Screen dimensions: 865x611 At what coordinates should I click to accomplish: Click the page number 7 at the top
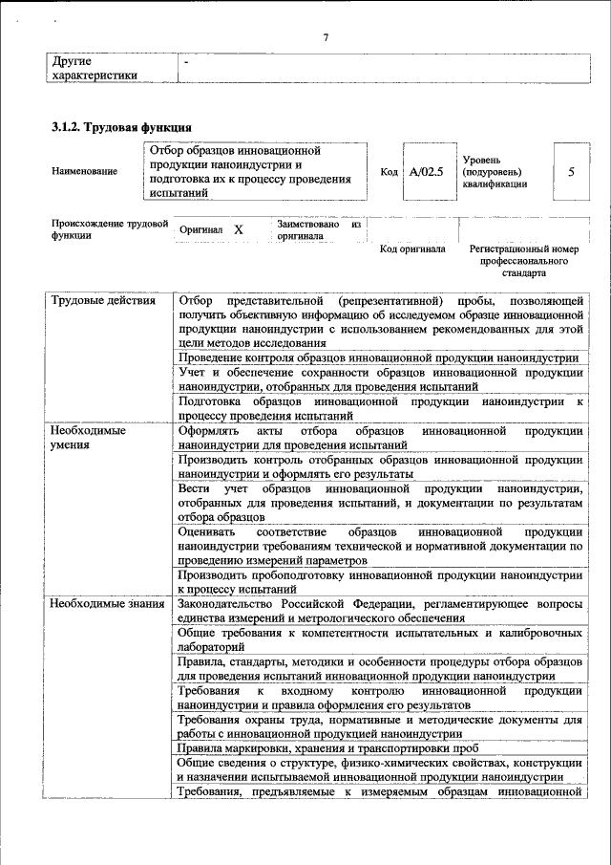click(326, 37)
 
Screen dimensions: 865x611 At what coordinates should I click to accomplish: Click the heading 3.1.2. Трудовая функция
click(122, 126)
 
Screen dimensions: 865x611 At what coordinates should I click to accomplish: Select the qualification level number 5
click(571, 172)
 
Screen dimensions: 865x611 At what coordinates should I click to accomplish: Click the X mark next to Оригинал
click(239, 230)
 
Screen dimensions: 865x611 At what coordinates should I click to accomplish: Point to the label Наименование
click(86, 172)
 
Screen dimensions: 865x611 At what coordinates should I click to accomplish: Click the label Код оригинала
click(412, 249)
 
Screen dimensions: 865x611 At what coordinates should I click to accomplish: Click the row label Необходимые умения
click(89, 438)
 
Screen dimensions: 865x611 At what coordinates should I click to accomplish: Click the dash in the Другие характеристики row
click(187, 60)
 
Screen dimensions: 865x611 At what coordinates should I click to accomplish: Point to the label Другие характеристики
click(95, 67)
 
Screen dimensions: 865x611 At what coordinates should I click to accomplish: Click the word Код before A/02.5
click(389, 172)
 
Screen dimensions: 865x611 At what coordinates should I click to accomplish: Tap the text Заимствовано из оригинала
click(318, 230)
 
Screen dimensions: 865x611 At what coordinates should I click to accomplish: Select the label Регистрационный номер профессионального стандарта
click(524, 260)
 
